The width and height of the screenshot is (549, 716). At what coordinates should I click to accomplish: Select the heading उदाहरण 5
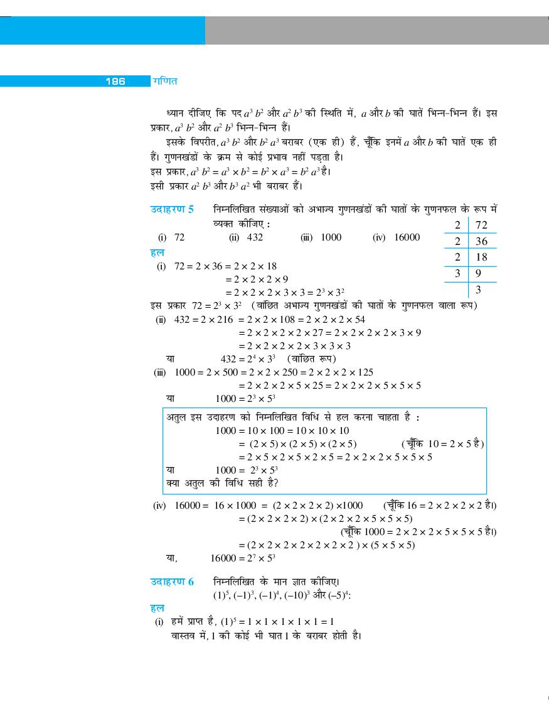pos(172,210)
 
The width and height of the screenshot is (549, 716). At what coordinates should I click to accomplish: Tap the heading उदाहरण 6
pos(172,582)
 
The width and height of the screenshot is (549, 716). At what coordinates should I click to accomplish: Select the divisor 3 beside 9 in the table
pos(457,273)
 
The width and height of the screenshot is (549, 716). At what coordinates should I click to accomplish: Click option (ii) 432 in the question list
pos(247,237)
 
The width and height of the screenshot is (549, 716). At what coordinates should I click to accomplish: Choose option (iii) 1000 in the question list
pos(321,237)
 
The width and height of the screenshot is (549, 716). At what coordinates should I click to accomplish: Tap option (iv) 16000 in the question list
pos(397,237)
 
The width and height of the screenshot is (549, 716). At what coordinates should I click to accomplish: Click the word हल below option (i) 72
pos(157,253)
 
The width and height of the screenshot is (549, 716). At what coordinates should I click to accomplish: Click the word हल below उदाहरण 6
pos(157,609)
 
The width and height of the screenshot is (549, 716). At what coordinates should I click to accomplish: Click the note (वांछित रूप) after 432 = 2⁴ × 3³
pos(311,359)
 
